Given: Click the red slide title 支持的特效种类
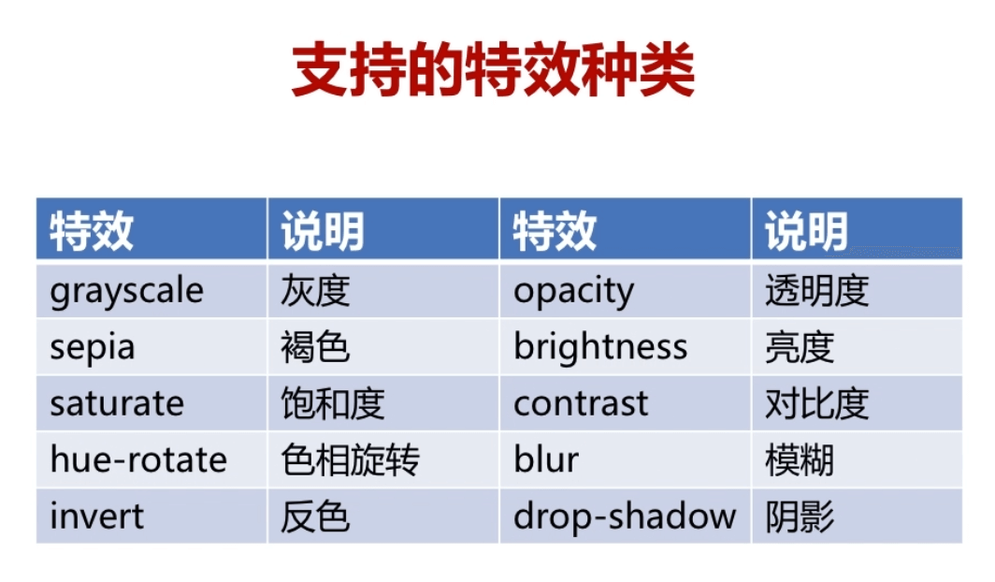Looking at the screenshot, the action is [493, 69].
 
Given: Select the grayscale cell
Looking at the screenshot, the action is [151, 291].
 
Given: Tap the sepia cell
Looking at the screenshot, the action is [151, 346].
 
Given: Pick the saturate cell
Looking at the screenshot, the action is [151, 403].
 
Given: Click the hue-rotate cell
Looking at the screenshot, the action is [151, 459].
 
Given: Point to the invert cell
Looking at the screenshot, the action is [151, 516].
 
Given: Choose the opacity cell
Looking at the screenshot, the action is [625, 291].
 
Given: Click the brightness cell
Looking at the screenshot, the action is [625, 346].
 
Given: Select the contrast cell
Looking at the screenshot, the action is [625, 403].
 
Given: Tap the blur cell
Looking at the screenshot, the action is [625, 459].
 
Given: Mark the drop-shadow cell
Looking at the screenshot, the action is [625, 516].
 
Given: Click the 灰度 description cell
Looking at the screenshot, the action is [383, 291].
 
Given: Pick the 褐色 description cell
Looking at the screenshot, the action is [383, 346].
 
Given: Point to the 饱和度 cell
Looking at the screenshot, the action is [383, 403].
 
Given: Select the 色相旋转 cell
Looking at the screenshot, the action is [383, 459].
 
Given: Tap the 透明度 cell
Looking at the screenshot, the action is [857, 291].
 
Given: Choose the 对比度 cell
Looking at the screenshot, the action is [857, 403].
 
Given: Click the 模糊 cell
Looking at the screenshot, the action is [857, 459].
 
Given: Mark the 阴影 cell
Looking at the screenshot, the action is [857, 516].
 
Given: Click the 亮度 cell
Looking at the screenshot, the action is [857, 346].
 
